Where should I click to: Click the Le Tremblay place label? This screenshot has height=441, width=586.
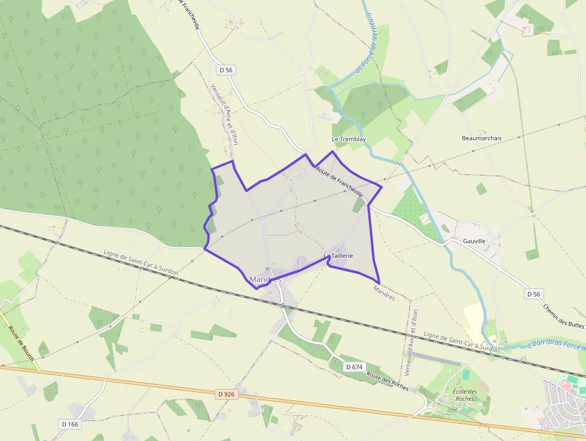click(x=349, y=139)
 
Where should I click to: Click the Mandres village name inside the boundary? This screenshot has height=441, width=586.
click(x=265, y=279)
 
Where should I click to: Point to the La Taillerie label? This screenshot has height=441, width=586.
click(x=339, y=256)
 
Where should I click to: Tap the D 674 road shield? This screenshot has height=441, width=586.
click(x=354, y=366)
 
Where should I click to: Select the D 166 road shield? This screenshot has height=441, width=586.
click(x=70, y=424)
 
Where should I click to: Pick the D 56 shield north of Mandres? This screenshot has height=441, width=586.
click(x=226, y=70)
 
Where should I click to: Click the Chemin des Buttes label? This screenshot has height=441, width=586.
click(x=564, y=316)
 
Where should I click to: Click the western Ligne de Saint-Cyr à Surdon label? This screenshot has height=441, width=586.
click(x=141, y=263)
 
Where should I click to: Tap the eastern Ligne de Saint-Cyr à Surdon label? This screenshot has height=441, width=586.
click(x=461, y=342)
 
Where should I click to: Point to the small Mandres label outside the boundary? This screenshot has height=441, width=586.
click(x=384, y=293)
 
